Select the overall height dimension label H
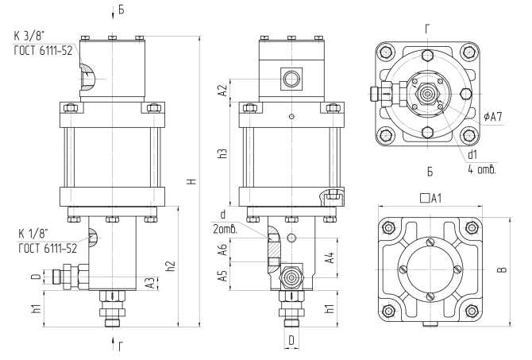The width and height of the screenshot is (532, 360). click(x=192, y=181)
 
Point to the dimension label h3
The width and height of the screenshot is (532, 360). click(x=222, y=153)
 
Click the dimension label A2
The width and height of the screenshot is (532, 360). click(x=223, y=91)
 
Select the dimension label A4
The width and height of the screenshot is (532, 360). click(x=330, y=257)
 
